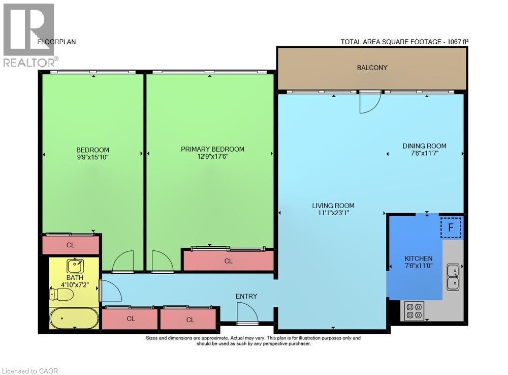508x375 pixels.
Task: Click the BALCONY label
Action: tap(372, 68)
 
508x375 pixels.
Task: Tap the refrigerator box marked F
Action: tap(451, 228)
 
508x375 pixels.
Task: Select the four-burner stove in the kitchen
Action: tap(414, 311)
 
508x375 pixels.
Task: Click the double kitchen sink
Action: tap(453, 277)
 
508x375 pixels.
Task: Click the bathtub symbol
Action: tap(74, 318)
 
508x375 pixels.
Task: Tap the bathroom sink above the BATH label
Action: tap(75, 266)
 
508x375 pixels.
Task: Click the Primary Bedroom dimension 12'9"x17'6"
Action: tap(212, 157)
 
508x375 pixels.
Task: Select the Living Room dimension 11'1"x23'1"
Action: tap(333, 213)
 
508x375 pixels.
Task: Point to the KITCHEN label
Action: tap(419, 258)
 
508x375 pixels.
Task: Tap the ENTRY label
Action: tap(246, 296)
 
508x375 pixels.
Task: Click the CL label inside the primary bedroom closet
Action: tap(229, 261)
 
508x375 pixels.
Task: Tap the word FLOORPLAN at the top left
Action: tap(56, 42)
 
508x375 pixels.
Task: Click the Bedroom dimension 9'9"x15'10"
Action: tap(92, 158)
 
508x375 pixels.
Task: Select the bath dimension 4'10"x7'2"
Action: tap(75, 285)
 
